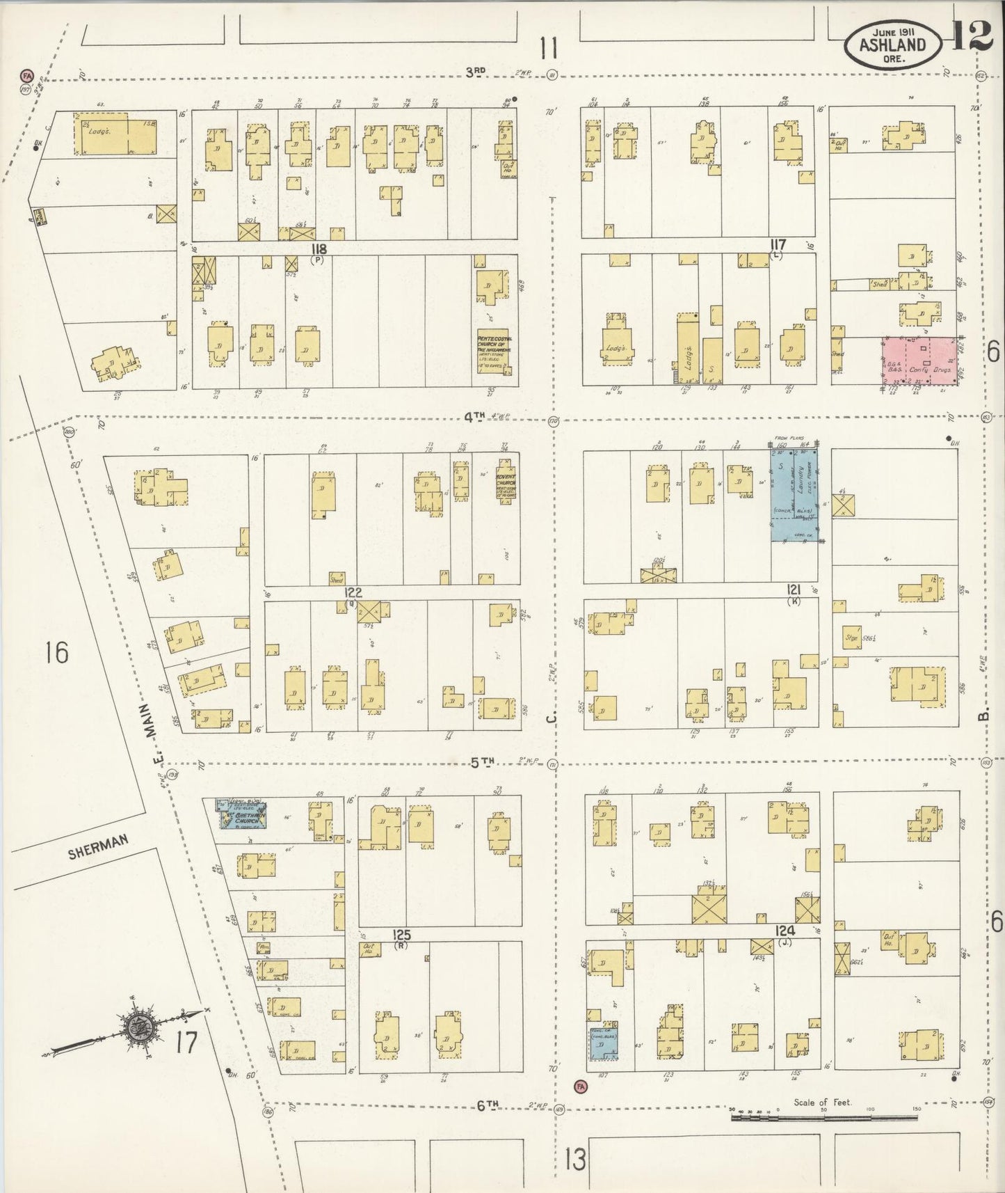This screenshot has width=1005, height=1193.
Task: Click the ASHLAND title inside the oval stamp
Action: [893, 45]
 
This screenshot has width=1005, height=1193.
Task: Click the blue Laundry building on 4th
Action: [794, 494]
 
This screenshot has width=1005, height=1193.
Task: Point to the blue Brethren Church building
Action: [241, 814]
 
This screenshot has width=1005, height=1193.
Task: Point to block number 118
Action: [319, 248]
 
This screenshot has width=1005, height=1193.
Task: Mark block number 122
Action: [353, 592]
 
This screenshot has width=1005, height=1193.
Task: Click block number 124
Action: [786, 931]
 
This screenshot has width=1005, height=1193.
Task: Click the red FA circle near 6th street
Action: [581, 1085]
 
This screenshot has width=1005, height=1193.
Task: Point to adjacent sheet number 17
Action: [186, 1042]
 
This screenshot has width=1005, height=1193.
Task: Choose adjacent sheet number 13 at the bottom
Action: [575, 1160]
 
